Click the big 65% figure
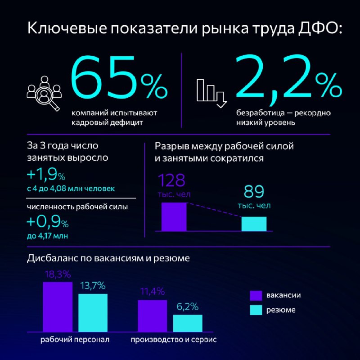[x=119, y=77]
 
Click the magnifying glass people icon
[x=44, y=94]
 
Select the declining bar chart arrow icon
[x=211, y=93]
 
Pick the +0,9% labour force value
[x=48, y=221]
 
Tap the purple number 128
[x=171, y=180]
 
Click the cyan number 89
[x=254, y=192]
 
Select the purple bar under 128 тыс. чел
[x=174, y=217]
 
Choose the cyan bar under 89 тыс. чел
[x=254, y=224]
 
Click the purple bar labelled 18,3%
[x=58, y=307]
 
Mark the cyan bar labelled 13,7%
[x=93, y=313]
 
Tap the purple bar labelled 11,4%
[x=152, y=316]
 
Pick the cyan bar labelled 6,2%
[x=188, y=323]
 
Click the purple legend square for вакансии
[x=256, y=296]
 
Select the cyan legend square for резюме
[x=256, y=310]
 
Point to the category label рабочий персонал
[x=75, y=340]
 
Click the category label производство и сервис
[x=174, y=340]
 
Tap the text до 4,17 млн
[x=47, y=236]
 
